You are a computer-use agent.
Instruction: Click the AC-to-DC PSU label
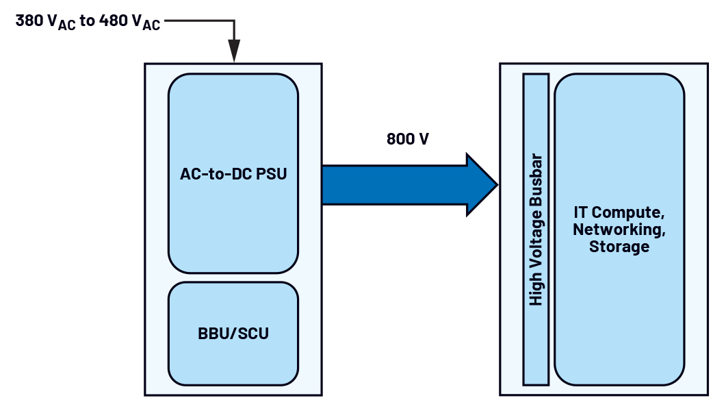tap(233, 174)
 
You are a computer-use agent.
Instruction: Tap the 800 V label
tap(408, 139)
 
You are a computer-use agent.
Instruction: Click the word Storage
tap(619, 247)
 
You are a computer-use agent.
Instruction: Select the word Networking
tap(619, 230)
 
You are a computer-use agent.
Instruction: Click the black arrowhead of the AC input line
tap(234, 51)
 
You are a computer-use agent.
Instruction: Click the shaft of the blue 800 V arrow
tap(393, 185)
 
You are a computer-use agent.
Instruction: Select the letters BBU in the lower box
tap(213, 335)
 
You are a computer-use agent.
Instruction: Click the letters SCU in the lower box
tap(254, 335)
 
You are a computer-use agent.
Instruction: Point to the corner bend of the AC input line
tap(234, 21)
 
